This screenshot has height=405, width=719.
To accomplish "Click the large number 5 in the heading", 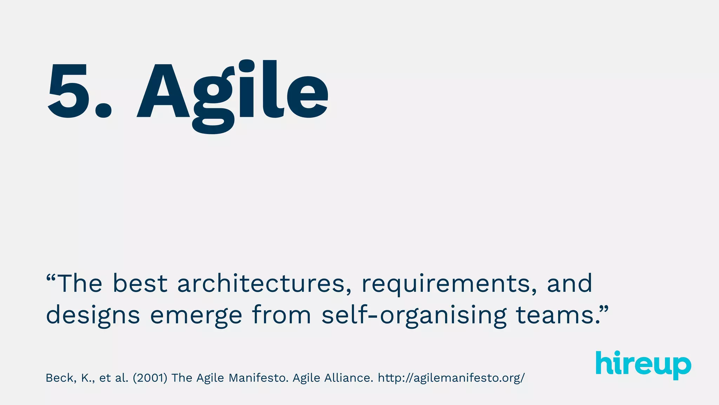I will click(x=67, y=91).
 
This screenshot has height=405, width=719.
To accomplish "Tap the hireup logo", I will click(x=643, y=365).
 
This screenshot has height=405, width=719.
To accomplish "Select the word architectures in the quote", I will click(x=262, y=283).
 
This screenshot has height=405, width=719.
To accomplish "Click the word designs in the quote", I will click(x=93, y=315).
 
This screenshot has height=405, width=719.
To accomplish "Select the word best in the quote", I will click(x=140, y=283).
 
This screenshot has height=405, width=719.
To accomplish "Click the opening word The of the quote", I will click(x=80, y=283).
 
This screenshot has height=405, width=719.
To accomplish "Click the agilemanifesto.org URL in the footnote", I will click(x=451, y=378).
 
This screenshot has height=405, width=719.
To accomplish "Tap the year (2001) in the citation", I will click(x=150, y=378).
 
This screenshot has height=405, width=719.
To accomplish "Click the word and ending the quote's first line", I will click(x=569, y=283).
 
